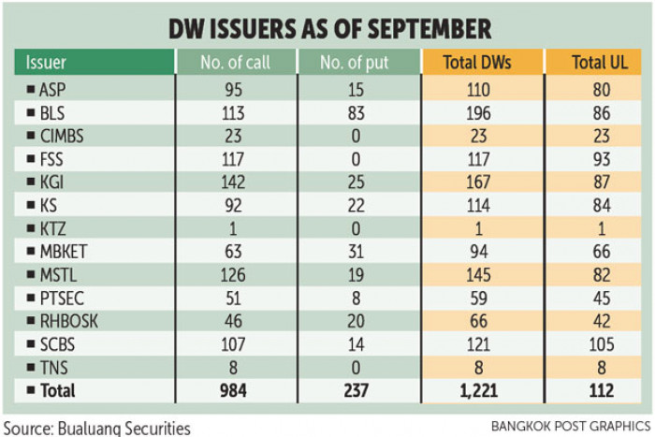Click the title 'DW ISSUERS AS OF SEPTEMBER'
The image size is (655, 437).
coord(328,29)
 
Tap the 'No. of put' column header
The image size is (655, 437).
coord(358,64)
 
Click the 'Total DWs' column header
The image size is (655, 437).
coord(482,64)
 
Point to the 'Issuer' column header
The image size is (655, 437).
coord(47,64)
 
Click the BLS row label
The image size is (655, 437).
coord(54,113)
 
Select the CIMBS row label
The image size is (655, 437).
coord(62,136)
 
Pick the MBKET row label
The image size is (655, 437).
coord(63,252)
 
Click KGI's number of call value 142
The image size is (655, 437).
coord(236,182)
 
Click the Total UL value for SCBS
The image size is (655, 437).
coord(599,344)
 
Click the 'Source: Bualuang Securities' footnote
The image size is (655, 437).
coord(96,427)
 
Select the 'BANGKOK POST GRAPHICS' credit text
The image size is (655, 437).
coord(570,426)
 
